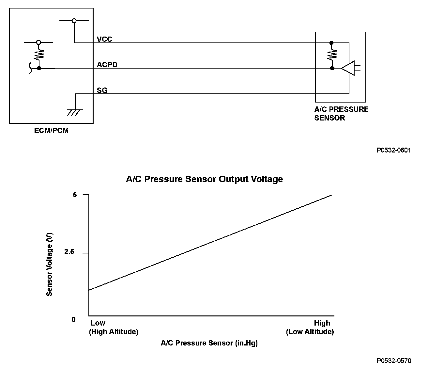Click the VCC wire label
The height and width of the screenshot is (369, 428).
point(104,39)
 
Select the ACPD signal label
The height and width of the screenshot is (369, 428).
point(107,65)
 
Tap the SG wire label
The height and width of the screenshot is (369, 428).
point(102,90)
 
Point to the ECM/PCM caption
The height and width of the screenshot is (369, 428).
point(51,131)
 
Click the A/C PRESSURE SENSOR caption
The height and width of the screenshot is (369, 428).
point(341,114)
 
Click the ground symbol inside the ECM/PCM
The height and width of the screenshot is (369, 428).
point(75,112)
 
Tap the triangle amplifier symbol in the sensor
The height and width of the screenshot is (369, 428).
point(348,68)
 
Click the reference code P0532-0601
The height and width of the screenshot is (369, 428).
point(394,150)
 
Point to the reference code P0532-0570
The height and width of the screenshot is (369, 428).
point(394,361)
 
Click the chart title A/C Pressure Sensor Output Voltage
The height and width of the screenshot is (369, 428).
point(204,179)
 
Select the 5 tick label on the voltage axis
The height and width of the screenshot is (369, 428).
point(75,195)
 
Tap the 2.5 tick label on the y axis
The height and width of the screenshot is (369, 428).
point(69,252)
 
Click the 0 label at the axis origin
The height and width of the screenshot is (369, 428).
point(73,319)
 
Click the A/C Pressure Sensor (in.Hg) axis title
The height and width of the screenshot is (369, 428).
point(209,343)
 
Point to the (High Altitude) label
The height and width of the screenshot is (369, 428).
point(114,332)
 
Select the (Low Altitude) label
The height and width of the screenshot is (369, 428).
point(310,332)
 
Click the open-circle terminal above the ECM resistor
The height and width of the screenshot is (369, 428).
point(38,42)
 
